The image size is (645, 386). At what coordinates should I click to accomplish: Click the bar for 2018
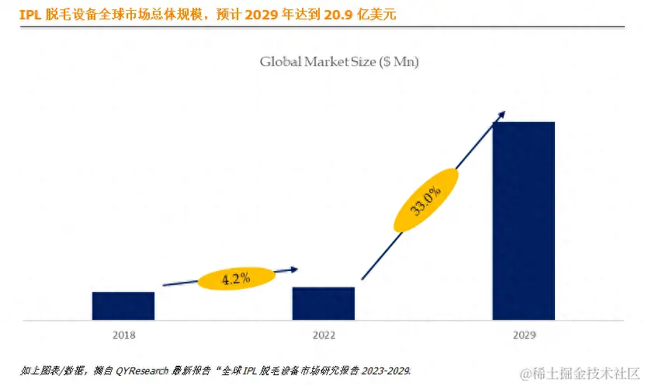(x=123, y=305)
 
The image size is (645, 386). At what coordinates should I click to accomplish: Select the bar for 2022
(x=323, y=303)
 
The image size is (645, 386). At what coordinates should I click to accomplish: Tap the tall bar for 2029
(x=523, y=221)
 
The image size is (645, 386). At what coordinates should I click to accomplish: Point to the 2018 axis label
(x=123, y=335)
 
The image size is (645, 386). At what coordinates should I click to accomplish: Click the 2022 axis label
(x=324, y=335)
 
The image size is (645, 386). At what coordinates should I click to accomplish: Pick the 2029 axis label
(x=524, y=335)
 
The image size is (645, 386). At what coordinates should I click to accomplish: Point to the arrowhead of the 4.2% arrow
(x=294, y=270)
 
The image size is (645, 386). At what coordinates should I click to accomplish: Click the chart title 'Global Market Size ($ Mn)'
(x=338, y=62)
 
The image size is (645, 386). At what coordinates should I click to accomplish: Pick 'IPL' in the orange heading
(x=29, y=15)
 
